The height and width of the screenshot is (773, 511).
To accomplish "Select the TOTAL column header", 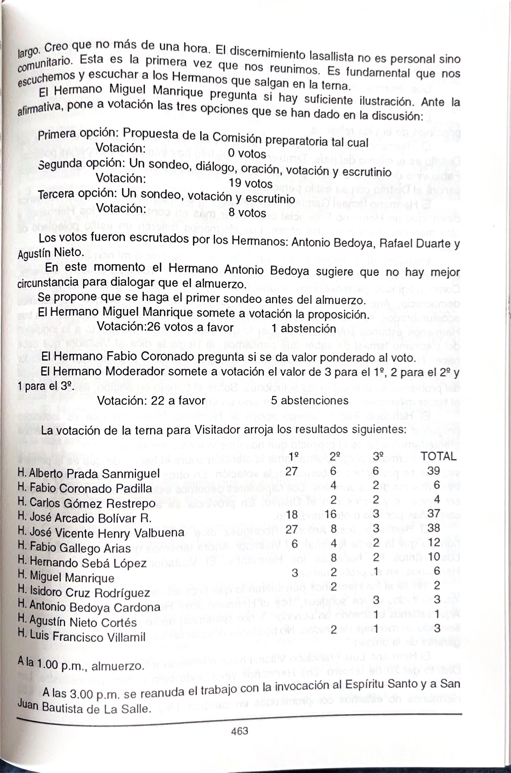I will coord(438,456).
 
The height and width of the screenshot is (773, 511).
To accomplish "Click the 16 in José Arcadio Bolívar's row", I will coord(330,514).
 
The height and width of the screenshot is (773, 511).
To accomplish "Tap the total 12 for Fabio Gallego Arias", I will coord(434,542).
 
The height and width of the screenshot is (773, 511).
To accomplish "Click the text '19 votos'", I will coord(250,183).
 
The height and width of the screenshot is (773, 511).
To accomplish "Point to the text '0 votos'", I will coord(247,153).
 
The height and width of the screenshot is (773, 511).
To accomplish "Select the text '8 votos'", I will coord(247,213).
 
